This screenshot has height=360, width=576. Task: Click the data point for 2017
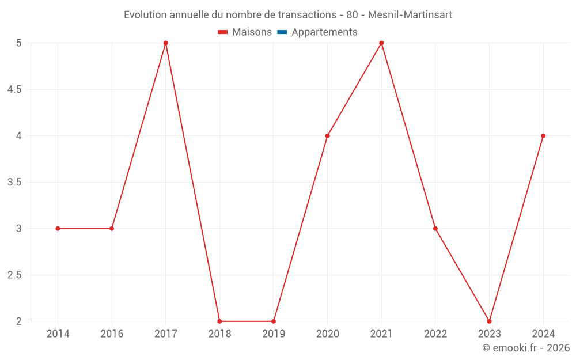click(165, 43)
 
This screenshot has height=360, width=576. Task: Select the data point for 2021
click(381, 43)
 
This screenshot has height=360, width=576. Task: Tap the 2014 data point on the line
click(58, 229)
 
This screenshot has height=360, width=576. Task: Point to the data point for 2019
click(274, 321)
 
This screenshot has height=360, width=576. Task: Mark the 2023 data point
click(489, 321)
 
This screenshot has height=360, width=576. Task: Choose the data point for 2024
click(543, 136)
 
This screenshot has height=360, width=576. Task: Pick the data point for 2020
click(327, 136)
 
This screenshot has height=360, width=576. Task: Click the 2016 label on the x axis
click(112, 334)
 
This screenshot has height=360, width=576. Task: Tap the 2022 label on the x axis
click(435, 334)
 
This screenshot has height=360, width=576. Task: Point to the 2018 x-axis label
click(219, 334)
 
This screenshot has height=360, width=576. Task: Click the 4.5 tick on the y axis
click(14, 89)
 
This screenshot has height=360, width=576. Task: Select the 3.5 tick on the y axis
click(14, 182)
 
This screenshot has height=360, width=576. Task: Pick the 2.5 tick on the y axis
click(14, 275)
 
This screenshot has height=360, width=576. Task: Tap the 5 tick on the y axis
click(19, 43)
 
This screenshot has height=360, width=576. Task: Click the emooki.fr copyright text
click(525, 348)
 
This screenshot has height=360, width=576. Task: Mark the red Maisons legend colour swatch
click(223, 32)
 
